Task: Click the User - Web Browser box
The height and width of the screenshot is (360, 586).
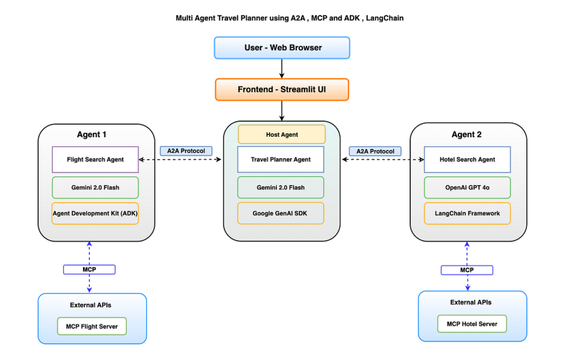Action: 282,48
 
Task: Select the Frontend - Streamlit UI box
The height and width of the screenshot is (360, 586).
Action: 282,89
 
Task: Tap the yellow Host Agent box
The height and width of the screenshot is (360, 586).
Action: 282,134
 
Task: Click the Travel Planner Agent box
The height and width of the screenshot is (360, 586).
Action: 280,160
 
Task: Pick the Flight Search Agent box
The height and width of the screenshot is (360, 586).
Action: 96,160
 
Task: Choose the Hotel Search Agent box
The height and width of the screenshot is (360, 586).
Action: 467,160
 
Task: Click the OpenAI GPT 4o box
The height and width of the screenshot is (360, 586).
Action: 467,188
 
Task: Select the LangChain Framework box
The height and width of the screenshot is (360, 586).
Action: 467,213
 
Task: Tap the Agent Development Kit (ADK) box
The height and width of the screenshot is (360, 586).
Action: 96,213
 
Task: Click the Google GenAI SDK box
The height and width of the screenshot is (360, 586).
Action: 280,213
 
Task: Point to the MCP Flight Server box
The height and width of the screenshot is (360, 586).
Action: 92,326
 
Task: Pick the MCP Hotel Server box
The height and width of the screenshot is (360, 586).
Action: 472,324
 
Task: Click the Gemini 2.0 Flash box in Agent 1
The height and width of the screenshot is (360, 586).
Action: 96,188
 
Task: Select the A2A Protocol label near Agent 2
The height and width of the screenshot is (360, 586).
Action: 375,152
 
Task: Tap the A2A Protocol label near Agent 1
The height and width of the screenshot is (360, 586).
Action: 186,151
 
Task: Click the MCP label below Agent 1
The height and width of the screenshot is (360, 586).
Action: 89,270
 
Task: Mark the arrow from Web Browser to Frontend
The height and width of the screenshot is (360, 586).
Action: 282,69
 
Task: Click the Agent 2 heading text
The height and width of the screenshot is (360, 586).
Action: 466,134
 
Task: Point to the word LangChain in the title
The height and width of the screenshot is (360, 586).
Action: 385,18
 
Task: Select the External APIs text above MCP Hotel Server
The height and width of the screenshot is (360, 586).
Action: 470,302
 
